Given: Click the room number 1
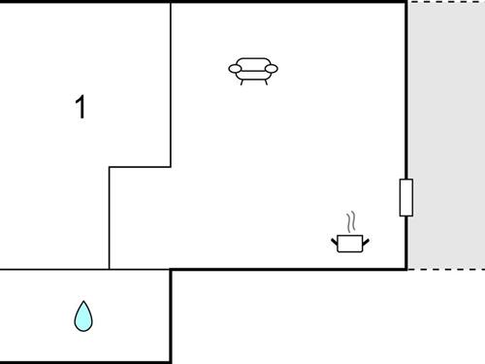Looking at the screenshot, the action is point(81,107).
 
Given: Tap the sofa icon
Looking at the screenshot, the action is point(253,70).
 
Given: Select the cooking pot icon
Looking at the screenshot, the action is point(350,243).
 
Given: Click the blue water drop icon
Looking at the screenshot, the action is point(84,315).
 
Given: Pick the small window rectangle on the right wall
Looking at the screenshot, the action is point(405,197).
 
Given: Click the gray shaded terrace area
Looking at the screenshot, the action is point(445,136).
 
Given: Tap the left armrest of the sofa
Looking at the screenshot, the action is point(234,69).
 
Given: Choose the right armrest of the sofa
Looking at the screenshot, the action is point(273,69).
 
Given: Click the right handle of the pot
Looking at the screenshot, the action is point(366,239).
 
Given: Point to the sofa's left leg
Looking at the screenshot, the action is point(242,83).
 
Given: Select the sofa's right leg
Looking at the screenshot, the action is point(265,83).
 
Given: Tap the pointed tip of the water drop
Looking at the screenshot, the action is point(84,302).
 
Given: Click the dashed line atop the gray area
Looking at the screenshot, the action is point(445,2).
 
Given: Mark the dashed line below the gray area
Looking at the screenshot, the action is point(445,269).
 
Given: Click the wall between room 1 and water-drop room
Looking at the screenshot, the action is point(54,269).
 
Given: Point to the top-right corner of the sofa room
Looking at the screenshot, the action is point(405,2).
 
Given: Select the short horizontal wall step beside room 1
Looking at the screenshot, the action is point(140,167).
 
